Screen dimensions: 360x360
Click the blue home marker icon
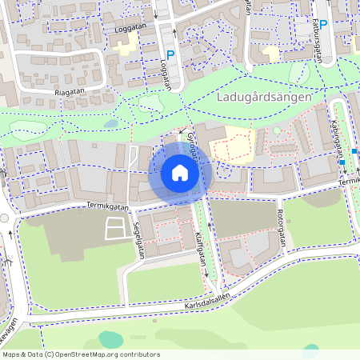point(180,172)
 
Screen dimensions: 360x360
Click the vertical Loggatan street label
point(170,67)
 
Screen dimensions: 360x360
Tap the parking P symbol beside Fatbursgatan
point(323,24)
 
